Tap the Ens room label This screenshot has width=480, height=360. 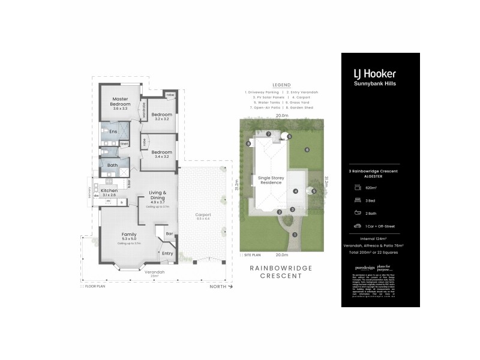(113, 131)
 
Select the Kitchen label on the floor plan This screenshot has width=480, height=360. (110, 191)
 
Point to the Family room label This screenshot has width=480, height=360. (129, 234)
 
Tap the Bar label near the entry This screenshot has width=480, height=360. (169, 233)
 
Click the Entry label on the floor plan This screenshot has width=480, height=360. (167, 253)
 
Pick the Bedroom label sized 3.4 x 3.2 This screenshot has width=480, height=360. (161, 152)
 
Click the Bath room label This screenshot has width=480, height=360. (112, 165)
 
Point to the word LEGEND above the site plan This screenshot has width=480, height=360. (281, 85)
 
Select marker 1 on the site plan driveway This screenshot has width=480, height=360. (295, 234)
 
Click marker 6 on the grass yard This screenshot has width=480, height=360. (307, 149)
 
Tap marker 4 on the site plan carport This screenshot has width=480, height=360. (295, 191)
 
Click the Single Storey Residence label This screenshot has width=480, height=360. (270, 181)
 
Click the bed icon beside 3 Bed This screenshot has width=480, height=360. (357, 201)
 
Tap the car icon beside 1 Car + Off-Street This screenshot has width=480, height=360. (357, 226)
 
